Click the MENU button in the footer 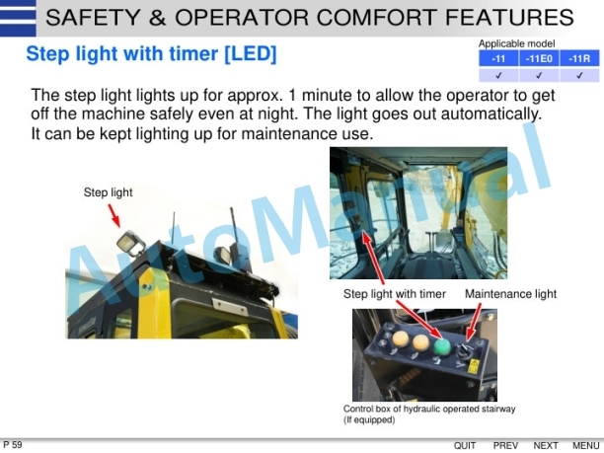pos(586,446)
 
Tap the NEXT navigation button pos(546,446)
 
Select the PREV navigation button pos(505,446)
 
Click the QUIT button pos(465,446)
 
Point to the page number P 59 pos(13,445)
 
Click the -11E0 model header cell pos(539,59)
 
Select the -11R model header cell pos(579,59)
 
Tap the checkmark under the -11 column pos(498,75)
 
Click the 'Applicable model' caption pos(516,43)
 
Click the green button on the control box pos(440,344)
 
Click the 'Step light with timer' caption pos(395,294)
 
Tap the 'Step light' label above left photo pos(108,192)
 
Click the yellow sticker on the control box pos(474,366)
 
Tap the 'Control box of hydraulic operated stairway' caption pos(429,409)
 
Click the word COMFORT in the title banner pos(384,17)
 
